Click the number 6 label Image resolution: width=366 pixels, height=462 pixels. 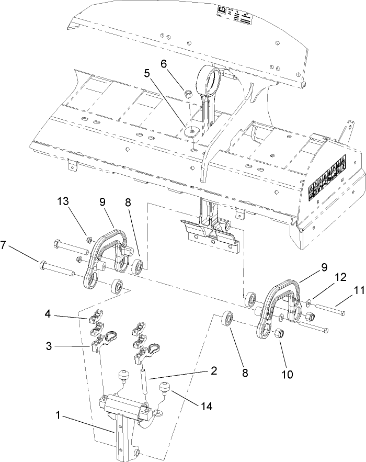point(164,63)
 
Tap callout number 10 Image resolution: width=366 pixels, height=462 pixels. point(288,375)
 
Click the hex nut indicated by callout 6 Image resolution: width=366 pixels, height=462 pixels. point(188,95)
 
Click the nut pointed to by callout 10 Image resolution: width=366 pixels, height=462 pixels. point(279,333)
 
